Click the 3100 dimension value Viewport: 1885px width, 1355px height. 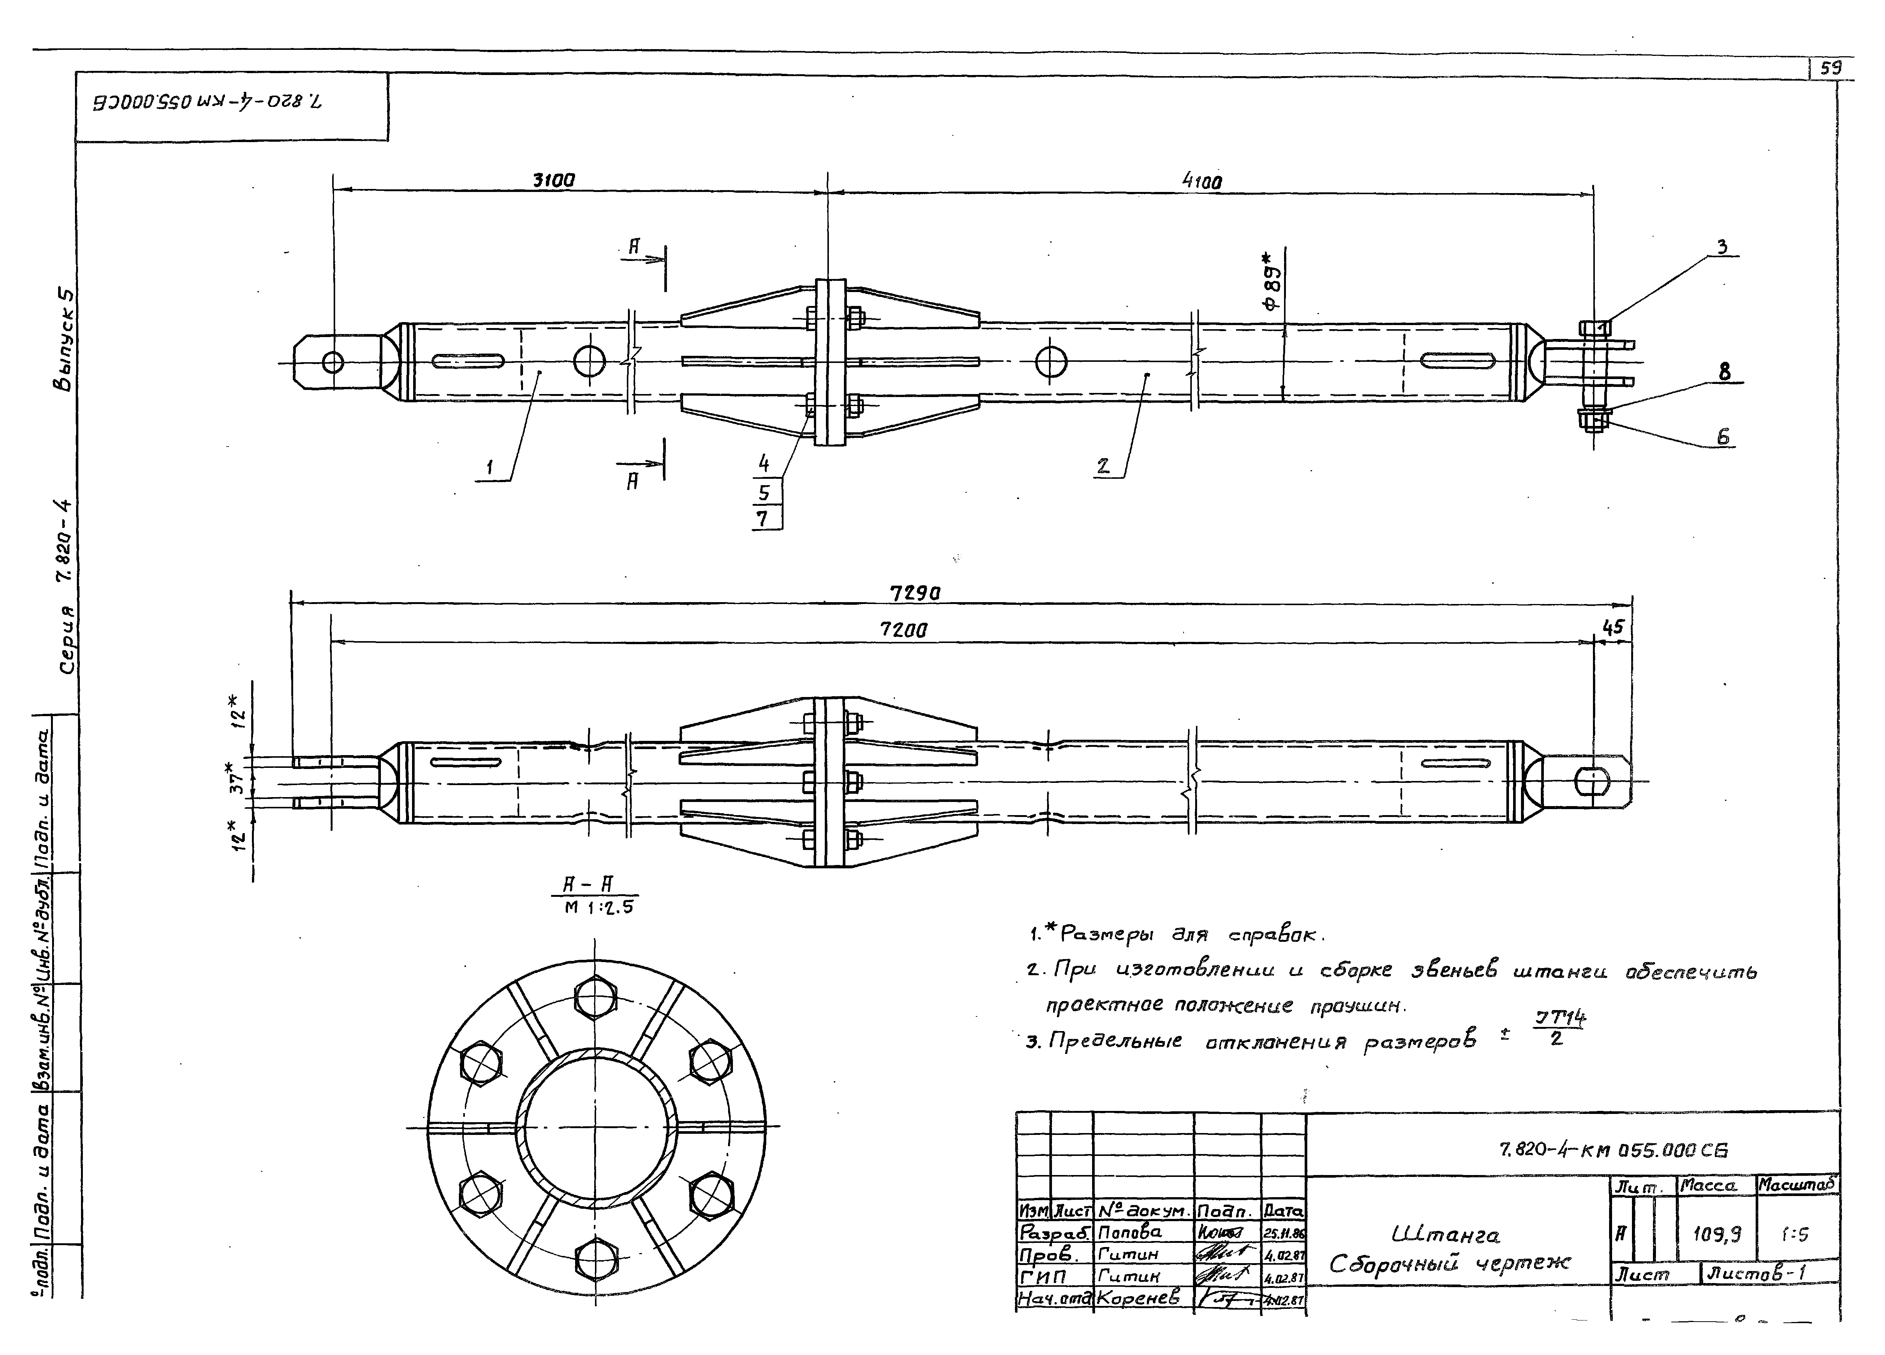(x=553, y=180)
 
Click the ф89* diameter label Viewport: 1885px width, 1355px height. (x=1272, y=288)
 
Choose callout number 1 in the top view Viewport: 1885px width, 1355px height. (x=490, y=468)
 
